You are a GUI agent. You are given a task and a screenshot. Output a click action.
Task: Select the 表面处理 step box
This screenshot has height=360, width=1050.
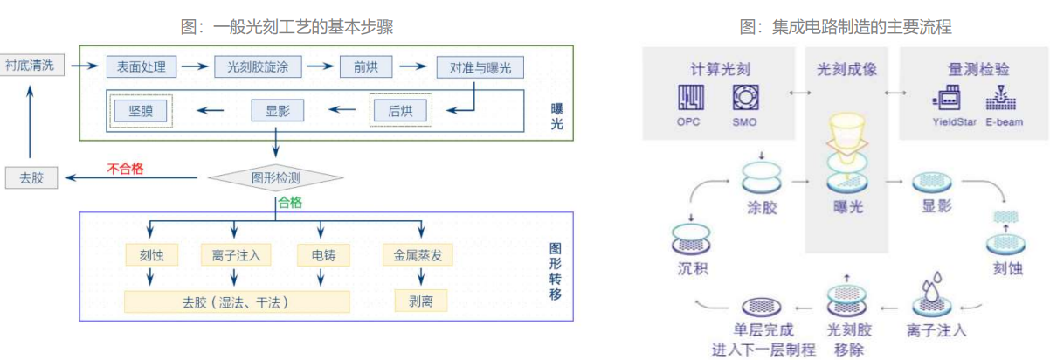click(x=142, y=66)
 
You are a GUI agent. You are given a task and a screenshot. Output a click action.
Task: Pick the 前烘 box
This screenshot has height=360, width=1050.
click(x=366, y=66)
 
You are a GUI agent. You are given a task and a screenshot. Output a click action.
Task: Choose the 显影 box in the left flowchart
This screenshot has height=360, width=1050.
click(x=276, y=111)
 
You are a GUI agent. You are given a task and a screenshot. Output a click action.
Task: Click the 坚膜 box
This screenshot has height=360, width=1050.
click(x=141, y=111)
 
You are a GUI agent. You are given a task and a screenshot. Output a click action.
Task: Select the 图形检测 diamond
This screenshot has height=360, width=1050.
click(x=276, y=178)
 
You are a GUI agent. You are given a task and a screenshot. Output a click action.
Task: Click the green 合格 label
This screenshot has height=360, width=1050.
click(x=289, y=204)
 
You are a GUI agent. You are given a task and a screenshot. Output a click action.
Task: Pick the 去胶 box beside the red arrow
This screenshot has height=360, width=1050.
click(x=31, y=178)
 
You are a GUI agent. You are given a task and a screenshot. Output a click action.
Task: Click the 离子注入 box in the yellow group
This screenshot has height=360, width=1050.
click(x=236, y=255)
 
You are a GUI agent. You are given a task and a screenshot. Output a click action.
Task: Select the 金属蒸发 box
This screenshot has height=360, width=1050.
click(x=417, y=255)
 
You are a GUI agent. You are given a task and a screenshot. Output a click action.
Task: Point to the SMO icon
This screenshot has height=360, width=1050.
click(x=744, y=98)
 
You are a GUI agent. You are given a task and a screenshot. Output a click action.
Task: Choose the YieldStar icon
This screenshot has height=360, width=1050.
click(x=948, y=98)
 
